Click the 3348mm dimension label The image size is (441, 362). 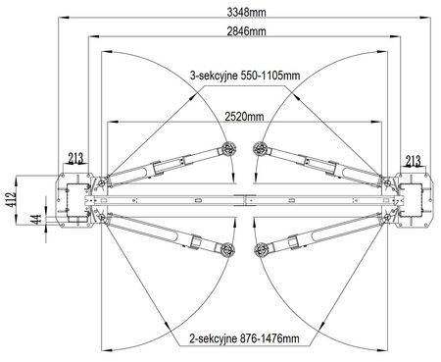click(246, 13)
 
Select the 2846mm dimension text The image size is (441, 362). click(246, 31)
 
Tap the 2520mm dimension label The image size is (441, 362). click(244, 117)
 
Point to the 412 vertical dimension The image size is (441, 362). click(11, 200)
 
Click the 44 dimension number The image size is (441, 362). click(36, 220)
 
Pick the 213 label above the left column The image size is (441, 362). click(75, 159)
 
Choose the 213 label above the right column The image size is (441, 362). click(413, 161)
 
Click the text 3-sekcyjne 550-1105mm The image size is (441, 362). click(245, 76)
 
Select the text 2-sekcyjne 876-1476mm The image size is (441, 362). click(244, 338)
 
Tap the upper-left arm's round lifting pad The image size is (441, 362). click(228, 149)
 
